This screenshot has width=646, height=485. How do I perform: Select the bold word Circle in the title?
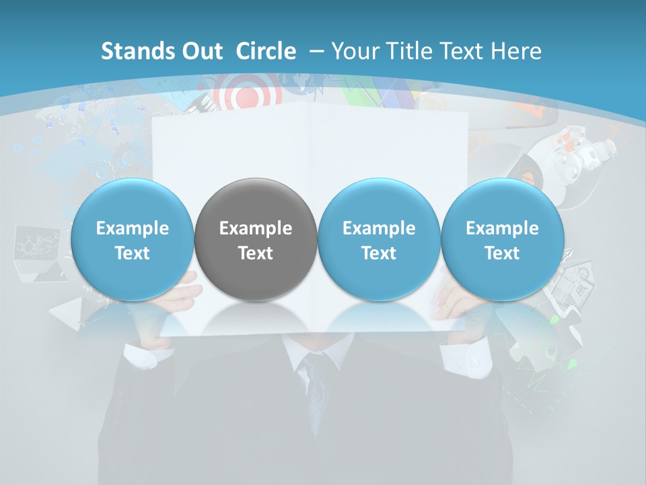[x=266, y=51]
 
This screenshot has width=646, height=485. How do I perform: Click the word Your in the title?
[x=352, y=51]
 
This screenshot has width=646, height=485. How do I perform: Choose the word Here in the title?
[x=517, y=51]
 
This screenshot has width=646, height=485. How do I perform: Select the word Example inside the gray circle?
[x=256, y=228]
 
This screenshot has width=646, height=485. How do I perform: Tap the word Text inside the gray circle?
[x=256, y=253]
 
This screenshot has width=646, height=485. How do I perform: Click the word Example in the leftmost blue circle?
[x=133, y=228]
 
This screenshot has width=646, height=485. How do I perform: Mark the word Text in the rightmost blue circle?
[x=502, y=253]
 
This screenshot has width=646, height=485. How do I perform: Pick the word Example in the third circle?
[x=379, y=228]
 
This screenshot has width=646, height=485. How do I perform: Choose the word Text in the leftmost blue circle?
[x=133, y=253]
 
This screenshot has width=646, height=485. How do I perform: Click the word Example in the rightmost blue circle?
[x=502, y=228]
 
